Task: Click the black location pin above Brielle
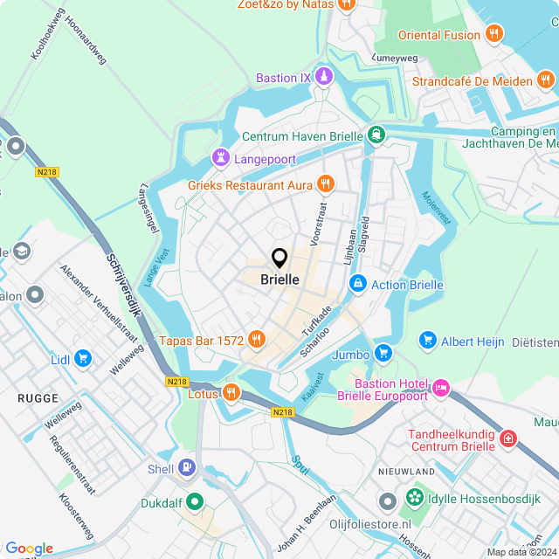click(279, 258)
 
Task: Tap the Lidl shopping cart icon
click(83, 358)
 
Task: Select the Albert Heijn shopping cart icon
click(427, 339)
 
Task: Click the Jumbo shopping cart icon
click(383, 354)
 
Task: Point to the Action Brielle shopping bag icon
click(357, 285)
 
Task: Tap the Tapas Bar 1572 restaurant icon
click(256, 339)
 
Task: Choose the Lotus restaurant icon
click(231, 392)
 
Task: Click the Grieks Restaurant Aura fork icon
click(325, 183)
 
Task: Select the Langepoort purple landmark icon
click(219, 158)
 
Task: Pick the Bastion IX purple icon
click(324, 77)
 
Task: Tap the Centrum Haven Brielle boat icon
click(376, 135)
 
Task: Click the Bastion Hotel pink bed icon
click(440, 386)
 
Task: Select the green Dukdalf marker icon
click(195, 502)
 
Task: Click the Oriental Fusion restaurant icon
click(494, 34)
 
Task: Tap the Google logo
click(29, 548)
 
